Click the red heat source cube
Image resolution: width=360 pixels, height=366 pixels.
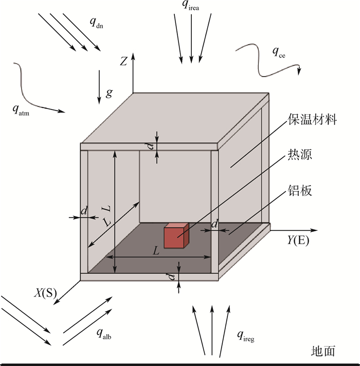[x=176, y=235]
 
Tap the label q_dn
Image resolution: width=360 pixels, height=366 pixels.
[x=96, y=23]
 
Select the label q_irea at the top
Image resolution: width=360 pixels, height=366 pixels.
[x=190, y=6]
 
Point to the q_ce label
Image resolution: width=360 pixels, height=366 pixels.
[x=279, y=52]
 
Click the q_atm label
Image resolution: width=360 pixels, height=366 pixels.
[x=21, y=110]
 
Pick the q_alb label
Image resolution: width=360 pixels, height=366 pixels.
[x=104, y=333]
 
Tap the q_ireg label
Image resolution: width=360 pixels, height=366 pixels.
[x=246, y=336]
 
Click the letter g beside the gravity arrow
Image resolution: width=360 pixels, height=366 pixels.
[x=109, y=94]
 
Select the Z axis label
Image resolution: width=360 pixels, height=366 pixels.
[x=123, y=61]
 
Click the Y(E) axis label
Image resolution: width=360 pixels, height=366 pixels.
[x=298, y=240]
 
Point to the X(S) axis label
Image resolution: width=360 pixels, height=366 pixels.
[x=46, y=293]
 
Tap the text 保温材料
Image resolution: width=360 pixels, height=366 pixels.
[x=312, y=119]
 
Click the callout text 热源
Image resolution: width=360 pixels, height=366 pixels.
[x=300, y=154]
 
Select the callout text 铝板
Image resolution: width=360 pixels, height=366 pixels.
[x=300, y=191]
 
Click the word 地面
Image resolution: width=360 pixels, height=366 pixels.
[x=323, y=351]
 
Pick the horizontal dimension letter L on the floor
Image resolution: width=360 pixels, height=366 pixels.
[x=156, y=251]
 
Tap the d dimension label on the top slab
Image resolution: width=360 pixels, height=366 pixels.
[x=151, y=147]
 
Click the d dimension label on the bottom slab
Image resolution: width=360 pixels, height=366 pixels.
[x=172, y=277]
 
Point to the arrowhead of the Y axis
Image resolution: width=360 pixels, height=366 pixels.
[x=315, y=230]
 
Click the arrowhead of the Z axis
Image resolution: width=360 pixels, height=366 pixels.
[x=133, y=56]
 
